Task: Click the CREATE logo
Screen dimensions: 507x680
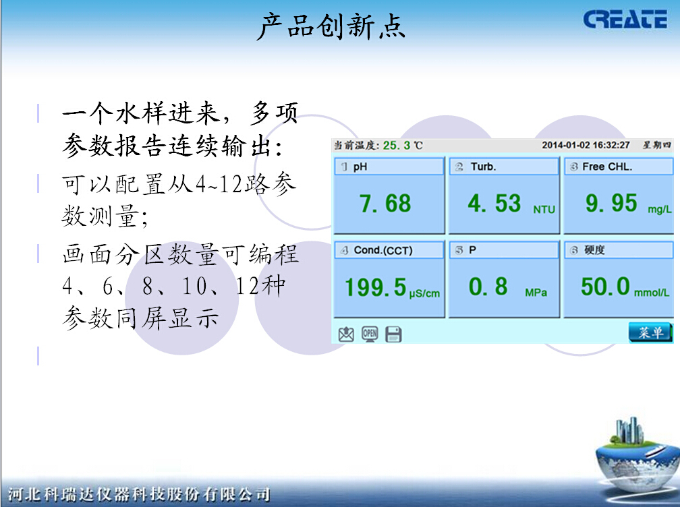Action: pyautogui.click(x=625, y=20)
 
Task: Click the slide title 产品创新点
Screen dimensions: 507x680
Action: pyautogui.click(x=331, y=27)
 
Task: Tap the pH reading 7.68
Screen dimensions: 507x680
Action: pyautogui.click(x=385, y=203)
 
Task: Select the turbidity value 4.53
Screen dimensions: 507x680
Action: pyautogui.click(x=494, y=203)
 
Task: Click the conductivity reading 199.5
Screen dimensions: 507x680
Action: pyautogui.click(x=376, y=288)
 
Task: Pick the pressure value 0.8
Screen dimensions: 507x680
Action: pyautogui.click(x=488, y=287)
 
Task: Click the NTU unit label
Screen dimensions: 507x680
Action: pyautogui.click(x=544, y=210)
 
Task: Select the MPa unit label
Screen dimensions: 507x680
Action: pyautogui.click(x=536, y=293)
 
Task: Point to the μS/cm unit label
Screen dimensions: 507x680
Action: pyautogui.click(x=424, y=293)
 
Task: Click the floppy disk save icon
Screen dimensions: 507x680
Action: pyautogui.click(x=393, y=334)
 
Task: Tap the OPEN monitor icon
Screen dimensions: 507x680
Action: pyautogui.click(x=370, y=333)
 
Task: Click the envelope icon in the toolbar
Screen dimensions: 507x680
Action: pyautogui.click(x=346, y=334)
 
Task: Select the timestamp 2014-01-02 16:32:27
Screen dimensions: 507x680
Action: pyautogui.click(x=586, y=145)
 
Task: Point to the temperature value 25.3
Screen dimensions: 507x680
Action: pyautogui.click(x=397, y=145)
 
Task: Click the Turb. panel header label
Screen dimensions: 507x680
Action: pyautogui.click(x=483, y=167)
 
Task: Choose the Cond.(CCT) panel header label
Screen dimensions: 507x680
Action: pyautogui.click(x=382, y=250)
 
